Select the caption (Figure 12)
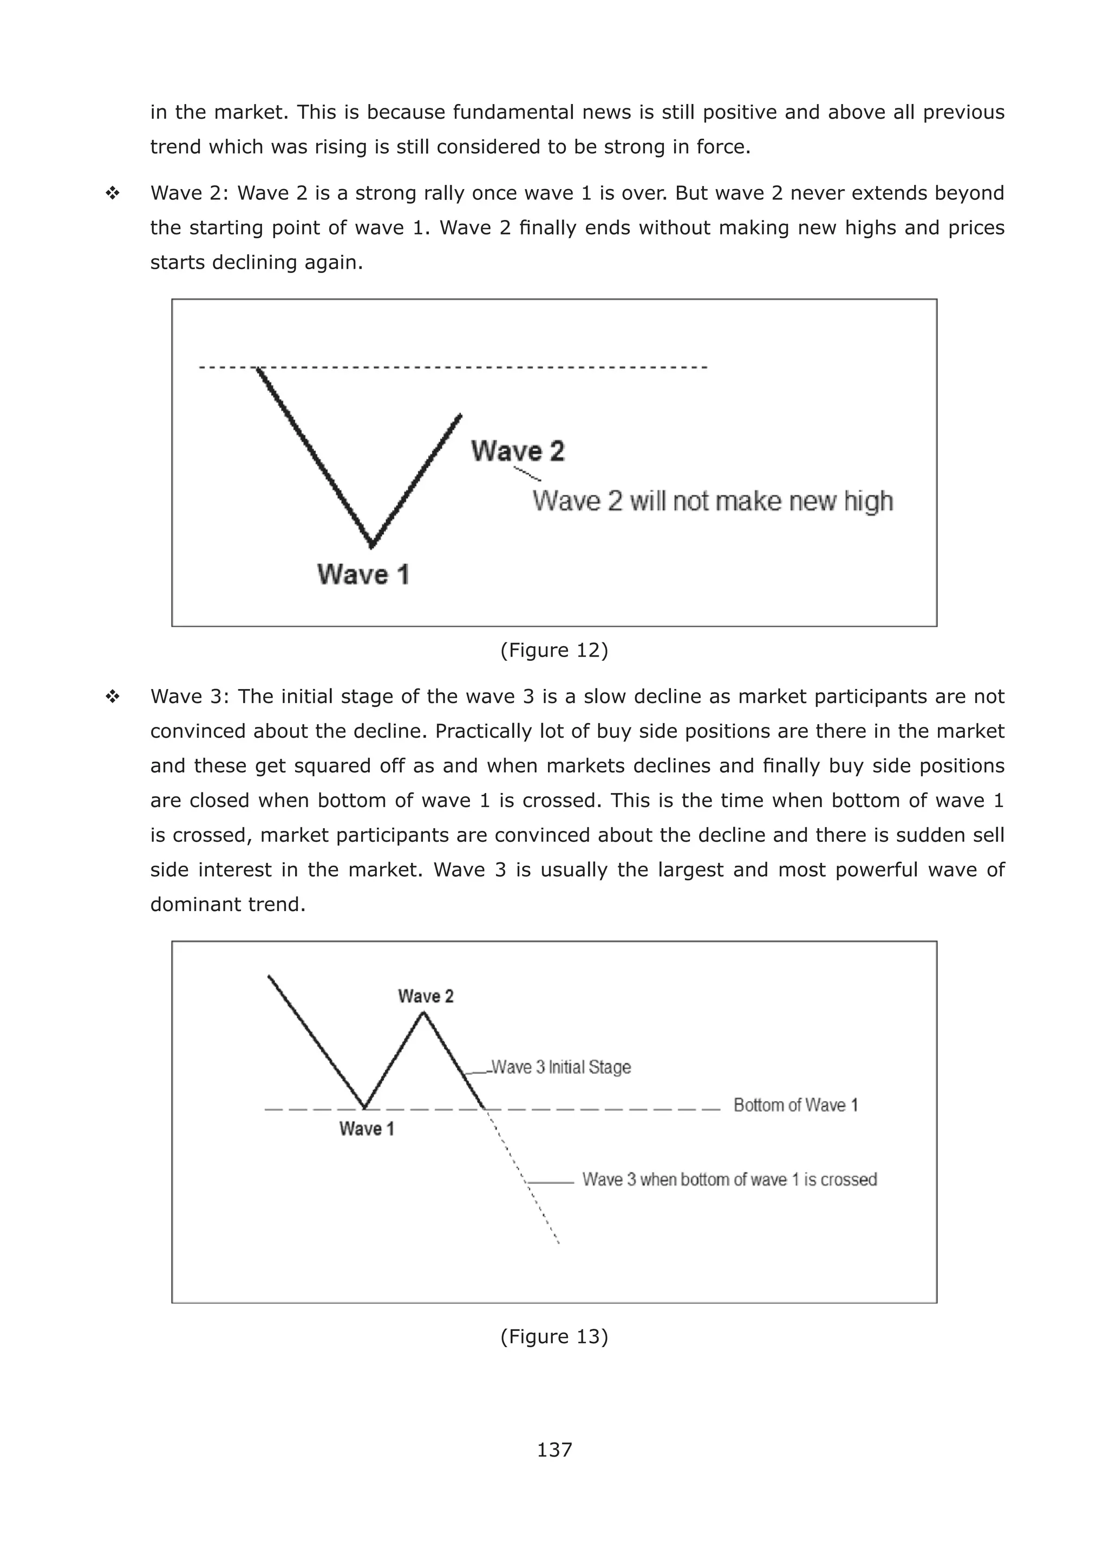point(554,649)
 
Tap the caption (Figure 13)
point(554,1336)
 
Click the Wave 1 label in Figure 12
point(363,574)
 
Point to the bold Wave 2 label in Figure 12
point(518,451)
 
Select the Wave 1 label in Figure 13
point(367,1128)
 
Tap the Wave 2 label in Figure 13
point(426,996)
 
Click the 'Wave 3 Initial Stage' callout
point(560,1067)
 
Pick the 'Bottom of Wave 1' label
point(795,1105)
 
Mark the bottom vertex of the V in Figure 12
point(372,545)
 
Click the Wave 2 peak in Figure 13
point(423,1013)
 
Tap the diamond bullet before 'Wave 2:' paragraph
point(113,193)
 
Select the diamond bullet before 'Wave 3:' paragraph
point(113,697)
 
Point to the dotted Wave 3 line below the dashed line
point(526,1180)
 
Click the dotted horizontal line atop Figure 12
point(478,367)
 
